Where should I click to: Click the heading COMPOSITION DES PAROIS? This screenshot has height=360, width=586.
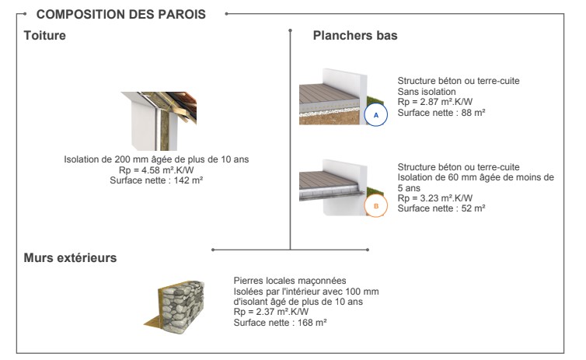point(120,14)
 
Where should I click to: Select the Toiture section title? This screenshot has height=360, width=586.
point(45,36)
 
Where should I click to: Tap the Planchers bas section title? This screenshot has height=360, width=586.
point(355,36)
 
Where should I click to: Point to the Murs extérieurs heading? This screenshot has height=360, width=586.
point(70,258)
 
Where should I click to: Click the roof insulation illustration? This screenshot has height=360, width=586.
point(159,121)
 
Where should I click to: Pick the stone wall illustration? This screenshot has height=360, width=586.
point(175,306)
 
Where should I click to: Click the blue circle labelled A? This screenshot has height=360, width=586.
point(376,114)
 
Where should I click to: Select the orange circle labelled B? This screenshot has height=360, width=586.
point(376,205)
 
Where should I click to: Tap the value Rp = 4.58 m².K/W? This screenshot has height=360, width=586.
point(156,170)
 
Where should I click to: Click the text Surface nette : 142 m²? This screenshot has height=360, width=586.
point(156,180)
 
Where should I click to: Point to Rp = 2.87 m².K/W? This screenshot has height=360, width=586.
point(435,102)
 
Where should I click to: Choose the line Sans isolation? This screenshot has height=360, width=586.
point(427,92)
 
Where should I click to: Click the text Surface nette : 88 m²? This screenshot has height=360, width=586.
point(441,113)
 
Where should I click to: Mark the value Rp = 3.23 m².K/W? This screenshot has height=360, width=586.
point(435,198)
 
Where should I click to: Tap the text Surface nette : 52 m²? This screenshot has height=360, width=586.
point(441,208)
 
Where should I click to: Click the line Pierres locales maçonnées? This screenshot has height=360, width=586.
point(290,281)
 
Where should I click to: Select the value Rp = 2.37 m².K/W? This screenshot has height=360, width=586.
point(271,312)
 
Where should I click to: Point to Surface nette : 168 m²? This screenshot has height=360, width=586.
point(281,323)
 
